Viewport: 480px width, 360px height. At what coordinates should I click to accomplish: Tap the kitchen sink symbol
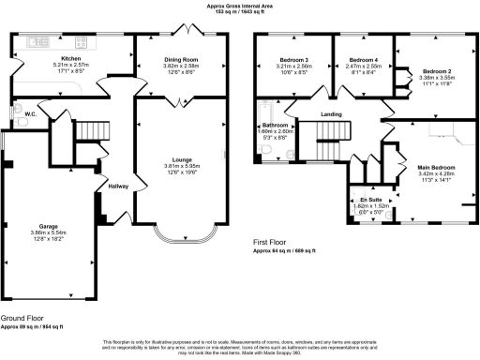tap(39, 42)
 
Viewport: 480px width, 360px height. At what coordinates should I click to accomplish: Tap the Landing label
tap(331, 115)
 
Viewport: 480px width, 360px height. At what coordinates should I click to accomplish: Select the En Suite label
tap(369, 199)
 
